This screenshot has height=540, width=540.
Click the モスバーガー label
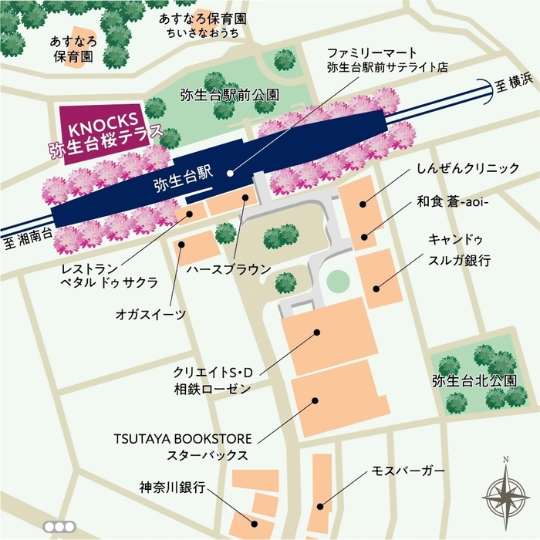(408, 470)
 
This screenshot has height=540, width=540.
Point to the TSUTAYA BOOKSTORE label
(182, 437)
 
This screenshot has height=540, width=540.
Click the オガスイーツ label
(150, 315)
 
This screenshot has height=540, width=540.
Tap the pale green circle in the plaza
(337, 280)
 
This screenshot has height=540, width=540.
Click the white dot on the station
(230, 164)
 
